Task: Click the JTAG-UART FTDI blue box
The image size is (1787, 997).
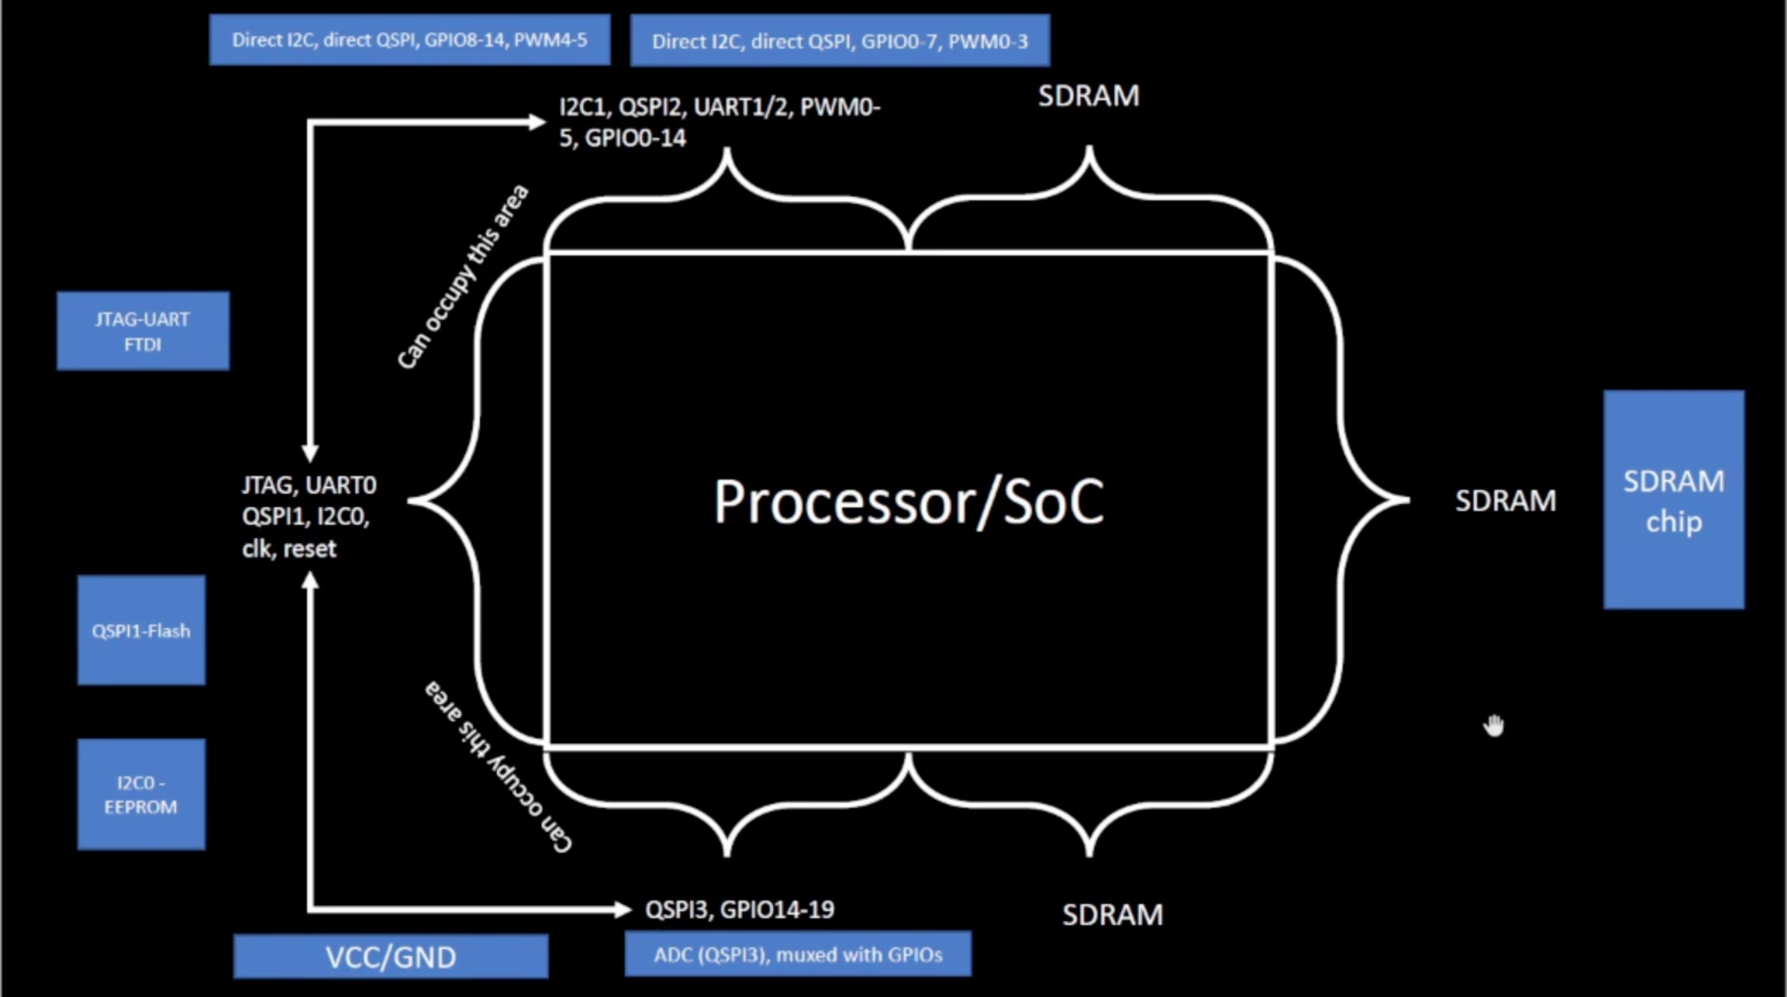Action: pyautogui.click(x=143, y=331)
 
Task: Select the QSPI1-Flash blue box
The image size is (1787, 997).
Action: pyautogui.click(x=141, y=630)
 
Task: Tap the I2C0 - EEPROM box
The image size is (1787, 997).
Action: pyautogui.click(x=141, y=795)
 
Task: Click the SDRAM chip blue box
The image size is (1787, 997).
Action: pyautogui.click(x=1673, y=500)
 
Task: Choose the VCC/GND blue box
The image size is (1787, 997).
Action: pyautogui.click(x=390, y=956)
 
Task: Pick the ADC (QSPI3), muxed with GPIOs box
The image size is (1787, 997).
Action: pyautogui.click(x=798, y=954)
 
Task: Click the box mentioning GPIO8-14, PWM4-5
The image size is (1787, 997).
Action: pyautogui.click(x=410, y=40)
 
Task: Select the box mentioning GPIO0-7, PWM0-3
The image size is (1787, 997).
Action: pyautogui.click(x=840, y=41)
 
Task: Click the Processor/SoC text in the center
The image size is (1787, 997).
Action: pyautogui.click(x=909, y=502)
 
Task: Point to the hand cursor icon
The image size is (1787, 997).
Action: pyautogui.click(x=1493, y=725)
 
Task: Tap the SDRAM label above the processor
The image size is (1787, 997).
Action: pyautogui.click(x=1088, y=96)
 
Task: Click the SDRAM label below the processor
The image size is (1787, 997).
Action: pyautogui.click(x=1112, y=914)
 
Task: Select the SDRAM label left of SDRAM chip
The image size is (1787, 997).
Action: pyautogui.click(x=1506, y=501)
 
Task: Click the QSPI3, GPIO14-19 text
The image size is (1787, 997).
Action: pyautogui.click(x=739, y=910)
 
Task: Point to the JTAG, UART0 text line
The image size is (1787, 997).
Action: pyautogui.click(x=309, y=485)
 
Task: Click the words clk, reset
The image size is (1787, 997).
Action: pyautogui.click(x=289, y=548)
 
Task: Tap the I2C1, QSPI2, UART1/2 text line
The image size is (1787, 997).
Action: pyautogui.click(x=719, y=107)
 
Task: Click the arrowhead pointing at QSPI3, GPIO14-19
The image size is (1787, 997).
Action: pyautogui.click(x=623, y=910)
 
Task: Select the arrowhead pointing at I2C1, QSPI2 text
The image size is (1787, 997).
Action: pyautogui.click(x=536, y=121)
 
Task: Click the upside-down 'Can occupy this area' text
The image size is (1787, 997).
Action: pyautogui.click(x=498, y=767)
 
